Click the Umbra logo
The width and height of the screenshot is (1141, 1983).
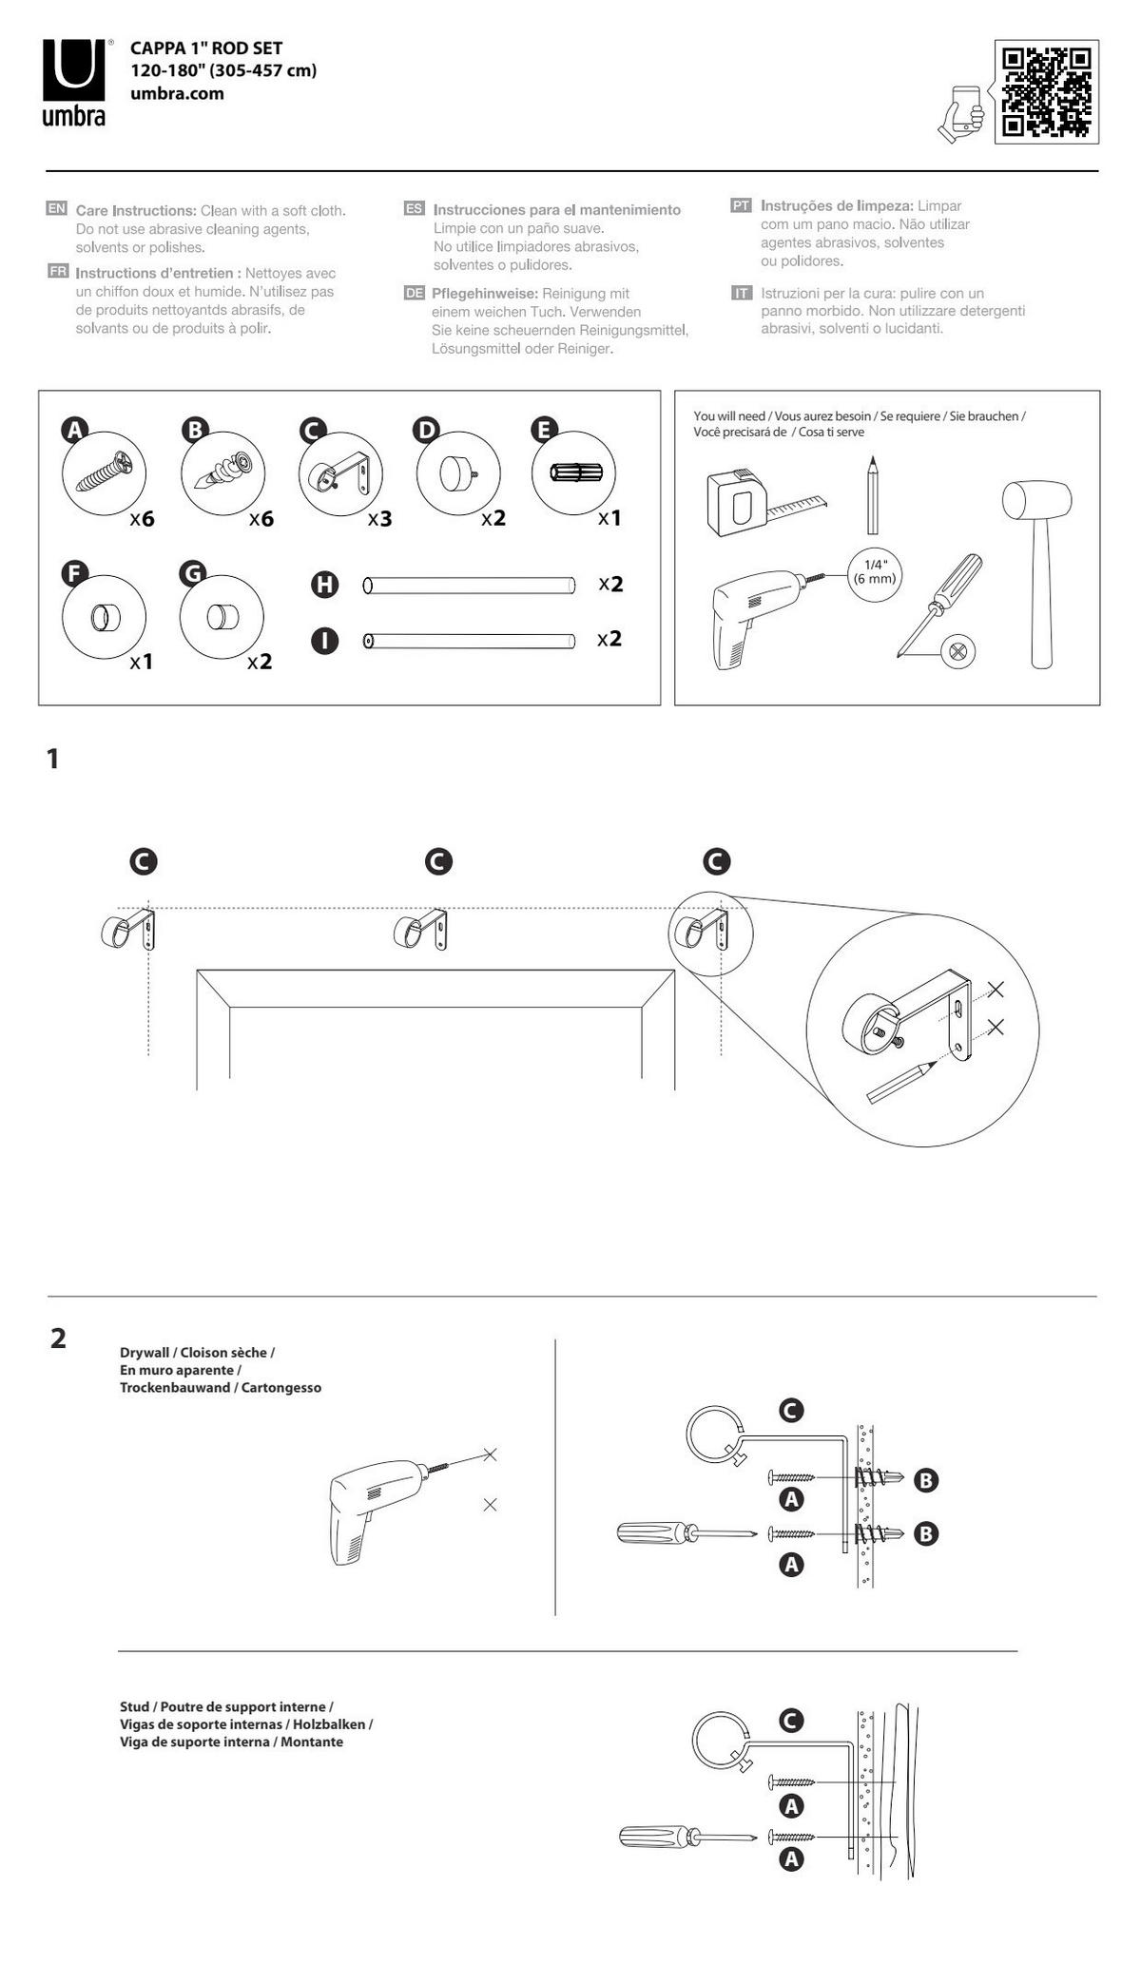[73, 82]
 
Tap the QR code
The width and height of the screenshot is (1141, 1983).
[1046, 91]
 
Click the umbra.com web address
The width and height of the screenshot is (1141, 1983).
[177, 93]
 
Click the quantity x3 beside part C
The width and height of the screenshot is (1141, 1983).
[379, 519]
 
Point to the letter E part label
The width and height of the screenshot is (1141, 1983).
[543, 430]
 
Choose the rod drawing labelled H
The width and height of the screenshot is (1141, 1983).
[469, 585]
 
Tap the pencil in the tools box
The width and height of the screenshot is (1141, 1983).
[872, 495]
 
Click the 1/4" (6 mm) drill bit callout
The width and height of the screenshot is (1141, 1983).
[874, 572]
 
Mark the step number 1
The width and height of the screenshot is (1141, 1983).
[53, 759]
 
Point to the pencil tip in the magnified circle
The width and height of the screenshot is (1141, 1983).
[931, 1064]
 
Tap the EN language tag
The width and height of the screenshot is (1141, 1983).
[56, 208]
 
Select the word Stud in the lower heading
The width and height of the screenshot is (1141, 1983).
[135, 1706]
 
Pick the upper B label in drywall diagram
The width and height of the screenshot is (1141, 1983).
[925, 1479]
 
